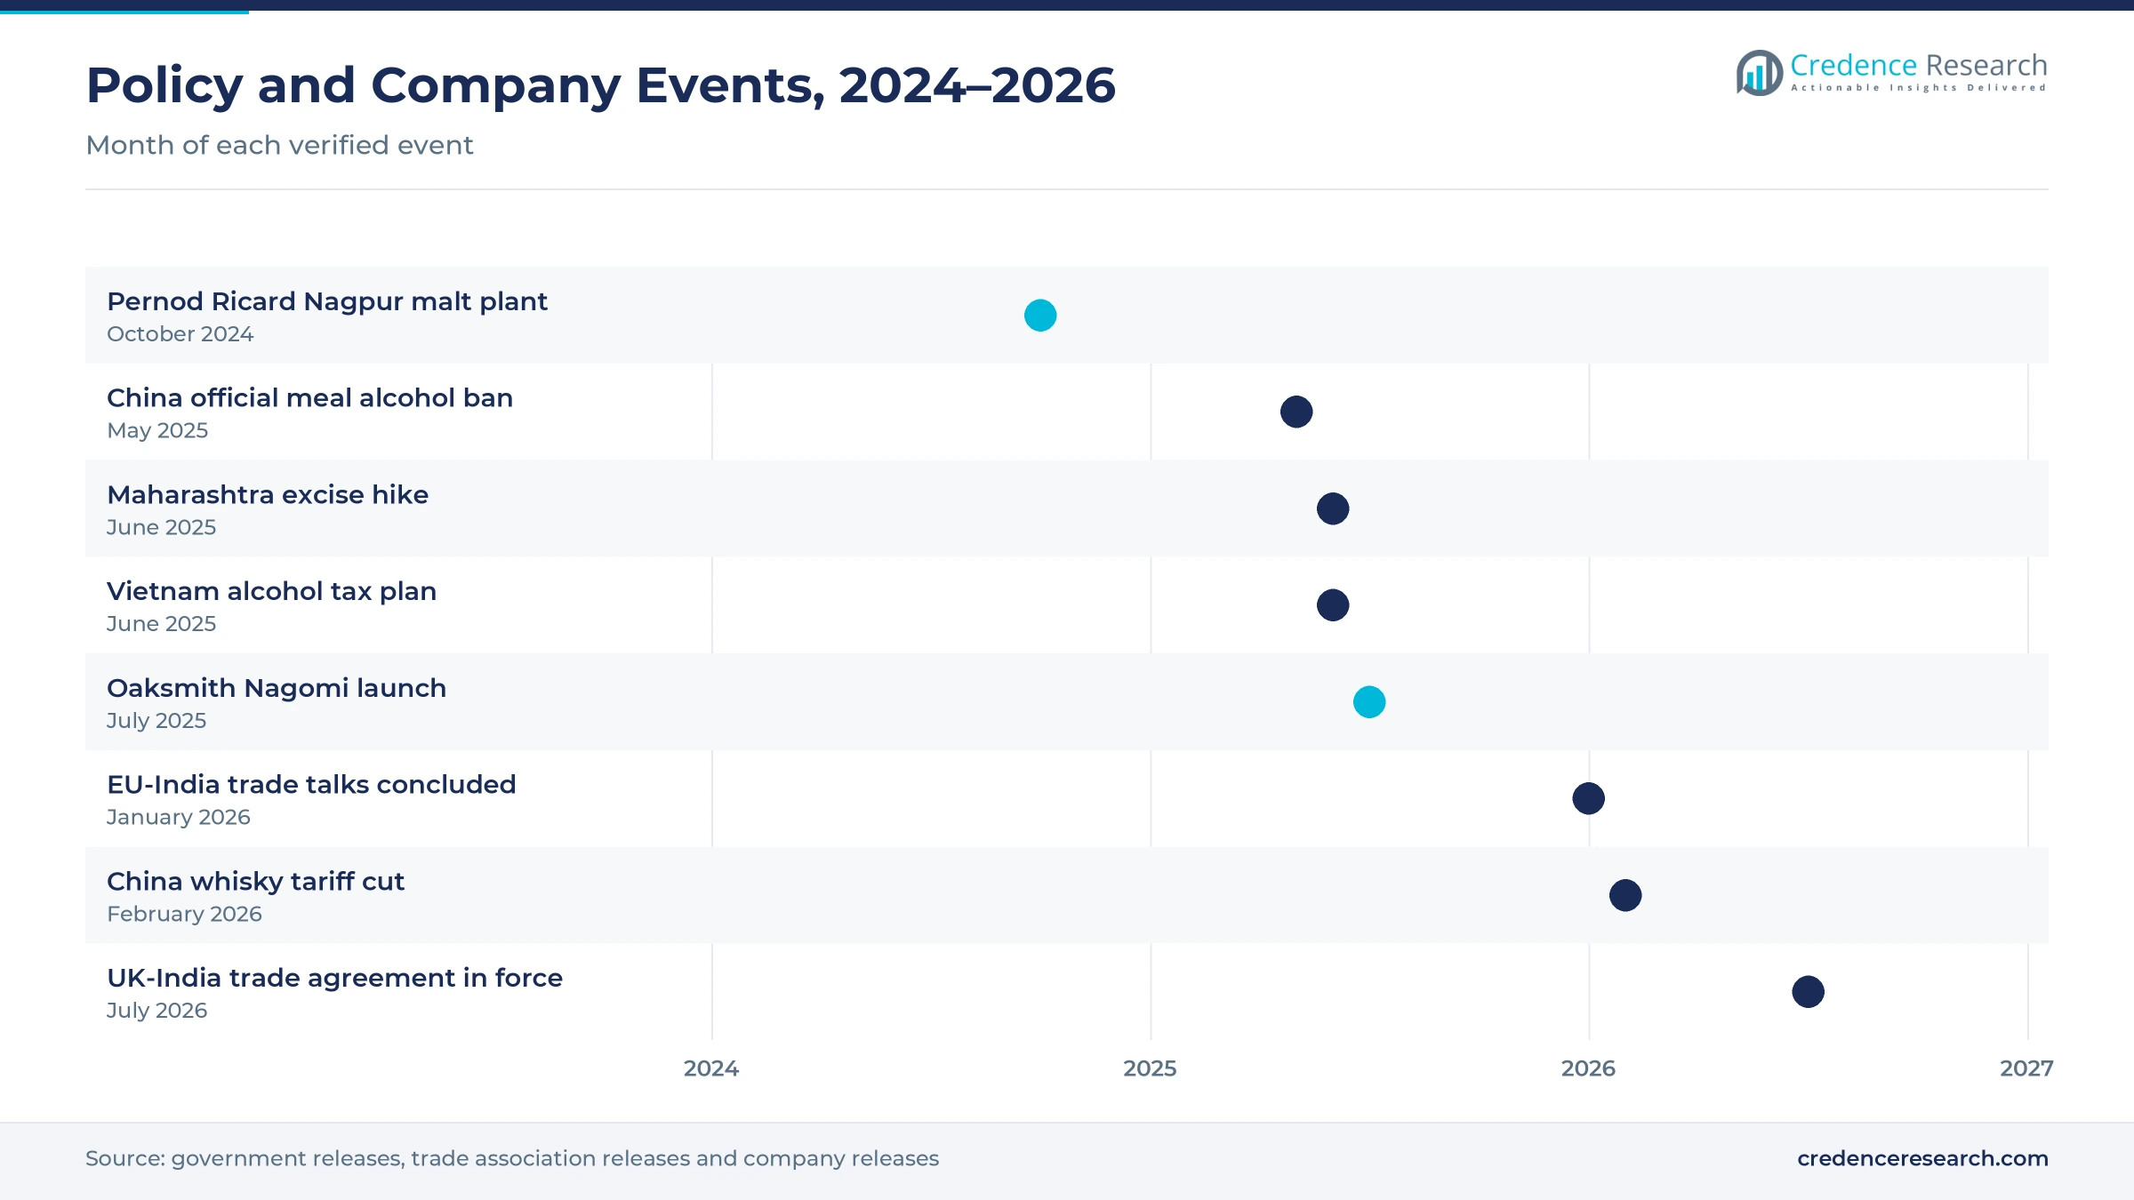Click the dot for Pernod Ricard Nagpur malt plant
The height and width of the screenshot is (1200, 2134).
click(1040, 316)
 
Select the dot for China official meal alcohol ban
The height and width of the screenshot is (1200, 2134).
click(1296, 412)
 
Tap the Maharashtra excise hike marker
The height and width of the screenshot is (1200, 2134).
click(1333, 508)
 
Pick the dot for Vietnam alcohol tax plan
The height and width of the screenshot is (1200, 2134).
click(1333, 605)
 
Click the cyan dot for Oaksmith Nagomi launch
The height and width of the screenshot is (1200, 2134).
click(1369, 702)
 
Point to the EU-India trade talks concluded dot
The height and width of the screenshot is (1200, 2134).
click(1589, 798)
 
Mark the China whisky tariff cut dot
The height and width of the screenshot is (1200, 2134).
click(1625, 895)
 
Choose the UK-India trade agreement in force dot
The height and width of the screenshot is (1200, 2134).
click(1809, 992)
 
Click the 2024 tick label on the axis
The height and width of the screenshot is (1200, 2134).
click(711, 1068)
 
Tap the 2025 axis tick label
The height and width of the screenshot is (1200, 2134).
click(1150, 1068)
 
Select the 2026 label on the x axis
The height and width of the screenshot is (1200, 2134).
click(1588, 1068)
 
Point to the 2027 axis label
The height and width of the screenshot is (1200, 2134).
click(2026, 1068)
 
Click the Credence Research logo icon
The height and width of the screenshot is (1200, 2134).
click(1760, 73)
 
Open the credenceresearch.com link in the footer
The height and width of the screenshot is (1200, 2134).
click(1922, 1158)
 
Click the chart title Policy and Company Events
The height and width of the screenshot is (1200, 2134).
click(601, 85)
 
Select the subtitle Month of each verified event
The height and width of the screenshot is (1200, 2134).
click(279, 145)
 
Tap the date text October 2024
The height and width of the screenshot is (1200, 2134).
click(181, 334)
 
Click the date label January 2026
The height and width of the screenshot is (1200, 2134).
click(179, 818)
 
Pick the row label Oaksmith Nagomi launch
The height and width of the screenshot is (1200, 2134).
click(277, 688)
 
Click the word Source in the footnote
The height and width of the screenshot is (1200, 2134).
click(125, 1158)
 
